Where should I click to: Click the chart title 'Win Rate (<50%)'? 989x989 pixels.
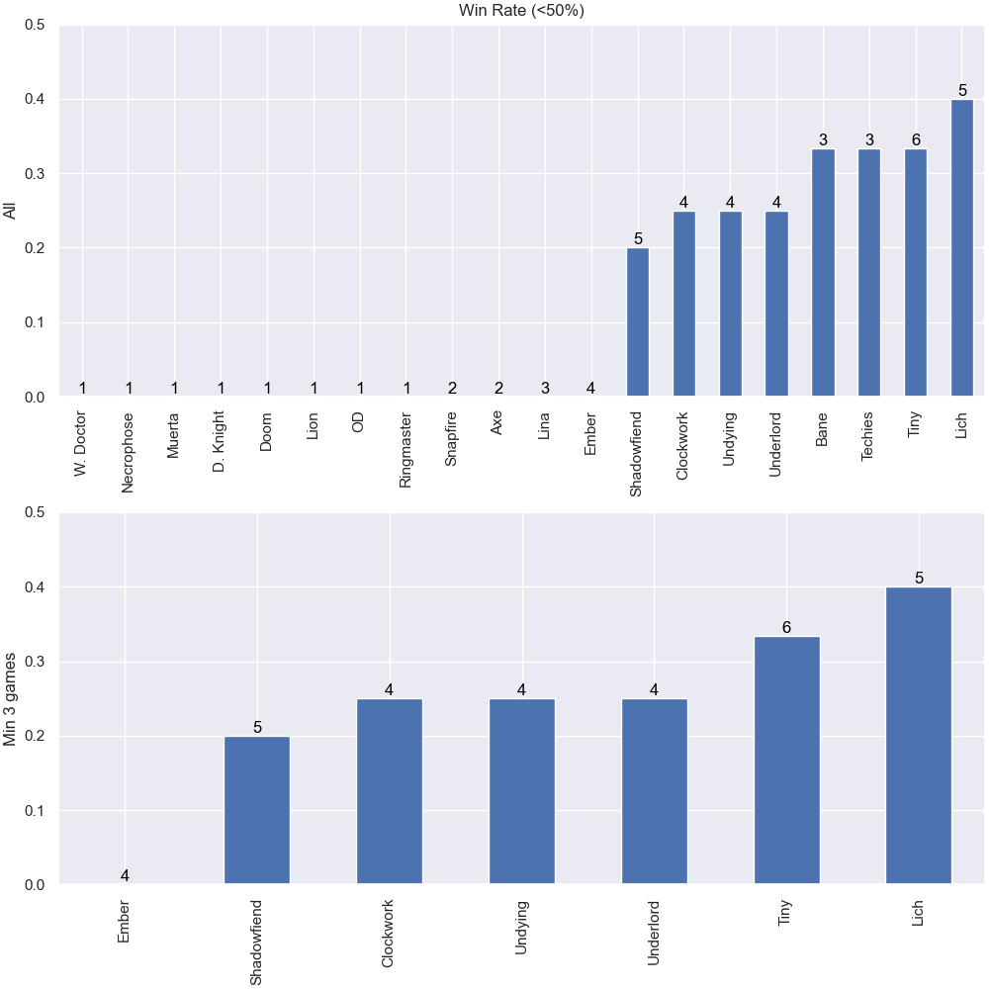point(521,10)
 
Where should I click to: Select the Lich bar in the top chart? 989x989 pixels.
point(962,248)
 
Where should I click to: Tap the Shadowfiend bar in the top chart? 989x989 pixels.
point(638,322)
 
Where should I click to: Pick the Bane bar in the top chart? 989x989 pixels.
point(823,273)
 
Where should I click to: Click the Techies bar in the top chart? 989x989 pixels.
point(869,273)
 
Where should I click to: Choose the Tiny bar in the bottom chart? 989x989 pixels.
point(786,760)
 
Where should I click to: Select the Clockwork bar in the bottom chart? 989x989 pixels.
point(389,791)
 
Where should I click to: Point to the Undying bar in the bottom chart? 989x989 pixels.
point(521,791)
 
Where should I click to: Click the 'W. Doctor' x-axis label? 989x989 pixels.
point(80,444)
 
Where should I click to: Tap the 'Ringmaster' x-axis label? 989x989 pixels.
point(405,450)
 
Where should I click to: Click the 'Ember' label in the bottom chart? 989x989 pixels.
point(124,922)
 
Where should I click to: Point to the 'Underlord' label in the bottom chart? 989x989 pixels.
point(653,933)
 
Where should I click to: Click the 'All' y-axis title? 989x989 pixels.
point(9,212)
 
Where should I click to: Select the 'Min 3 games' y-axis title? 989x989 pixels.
point(9,699)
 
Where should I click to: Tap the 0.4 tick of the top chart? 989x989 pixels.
point(35,99)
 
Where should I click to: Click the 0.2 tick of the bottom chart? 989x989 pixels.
point(35,736)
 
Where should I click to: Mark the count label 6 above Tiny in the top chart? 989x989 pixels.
point(916,139)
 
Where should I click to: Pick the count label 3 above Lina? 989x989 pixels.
point(545,388)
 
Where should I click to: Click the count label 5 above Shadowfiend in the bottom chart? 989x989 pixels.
point(257,727)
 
